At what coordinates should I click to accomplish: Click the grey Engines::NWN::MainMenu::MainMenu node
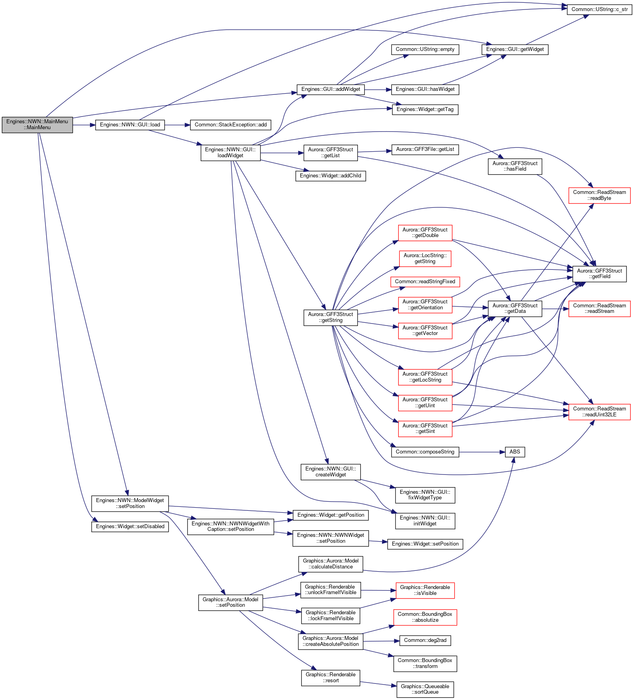tap(37, 124)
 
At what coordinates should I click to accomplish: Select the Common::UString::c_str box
tap(599, 9)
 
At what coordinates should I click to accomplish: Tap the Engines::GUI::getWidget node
tap(515, 49)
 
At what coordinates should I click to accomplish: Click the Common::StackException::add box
tap(231, 125)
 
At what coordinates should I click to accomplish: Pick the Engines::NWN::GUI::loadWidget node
tap(231, 152)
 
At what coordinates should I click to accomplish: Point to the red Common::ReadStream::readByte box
tap(599, 196)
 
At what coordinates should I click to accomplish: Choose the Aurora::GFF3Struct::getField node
tap(599, 274)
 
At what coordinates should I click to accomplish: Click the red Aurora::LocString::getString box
tap(425, 259)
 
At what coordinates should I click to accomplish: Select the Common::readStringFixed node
tap(425, 282)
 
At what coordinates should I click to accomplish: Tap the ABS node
tap(515, 452)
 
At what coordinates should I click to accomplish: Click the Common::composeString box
tap(425, 452)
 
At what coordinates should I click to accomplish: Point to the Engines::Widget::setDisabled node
tap(130, 527)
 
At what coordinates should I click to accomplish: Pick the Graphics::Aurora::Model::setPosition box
tap(230, 602)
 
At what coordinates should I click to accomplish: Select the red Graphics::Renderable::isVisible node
tap(425, 590)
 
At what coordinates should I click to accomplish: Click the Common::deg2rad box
tap(425, 640)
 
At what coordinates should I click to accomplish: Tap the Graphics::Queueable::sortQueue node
tap(425, 689)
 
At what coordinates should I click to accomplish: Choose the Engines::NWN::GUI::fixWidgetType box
tap(425, 495)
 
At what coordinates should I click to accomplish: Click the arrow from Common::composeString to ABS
tap(482, 452)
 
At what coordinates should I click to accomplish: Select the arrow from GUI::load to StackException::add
tap(177, 125)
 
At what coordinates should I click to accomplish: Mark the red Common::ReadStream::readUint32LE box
tap(599, 412)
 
